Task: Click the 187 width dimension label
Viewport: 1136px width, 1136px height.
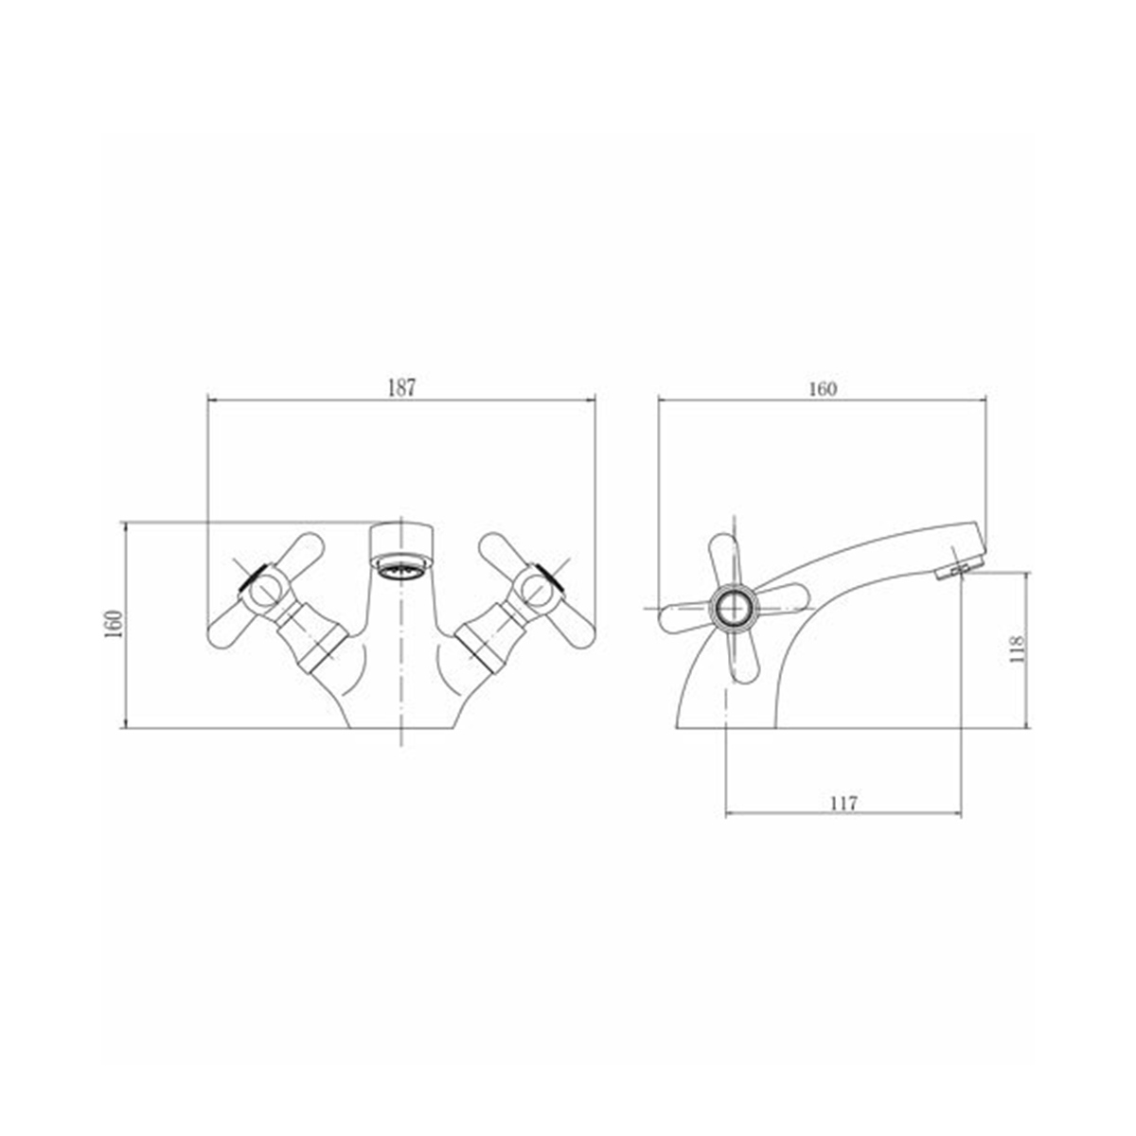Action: click(402, 388)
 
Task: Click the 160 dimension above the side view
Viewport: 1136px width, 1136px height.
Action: click(823, 389)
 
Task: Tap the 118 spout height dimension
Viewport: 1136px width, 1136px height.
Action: click(1018, 648)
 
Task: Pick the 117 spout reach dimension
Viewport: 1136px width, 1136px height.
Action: click(844, 803)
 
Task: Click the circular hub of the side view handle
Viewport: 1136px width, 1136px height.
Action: click(734, 609)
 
